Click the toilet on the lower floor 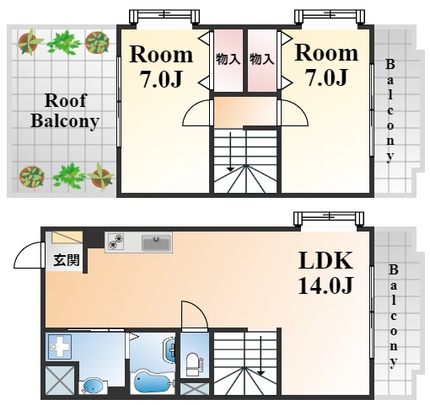click(193, 365)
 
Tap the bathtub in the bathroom click(152, 381)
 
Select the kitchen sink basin click(156, 243)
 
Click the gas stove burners click(116, 242)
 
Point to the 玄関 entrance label click(67, 260)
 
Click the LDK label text click(325, 261)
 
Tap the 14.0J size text click(325, 285)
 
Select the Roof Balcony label click(65, 111)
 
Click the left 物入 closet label click(228, 60)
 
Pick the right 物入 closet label click(261, 60)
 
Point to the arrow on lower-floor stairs click(261, 356)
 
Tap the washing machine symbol click(60, 347)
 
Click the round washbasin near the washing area click(93, 387)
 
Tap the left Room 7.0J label click(161, 67)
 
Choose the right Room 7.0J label click(326, 65)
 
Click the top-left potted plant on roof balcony click(29, 43)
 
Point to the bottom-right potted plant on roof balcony click(101, 176)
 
